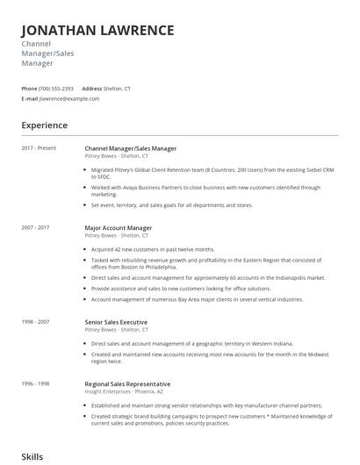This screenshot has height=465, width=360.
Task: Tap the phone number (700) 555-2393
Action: click(56, 89)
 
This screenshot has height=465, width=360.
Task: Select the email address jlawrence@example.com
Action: click(69, 98)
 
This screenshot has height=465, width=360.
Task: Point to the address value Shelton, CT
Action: click(118, 89)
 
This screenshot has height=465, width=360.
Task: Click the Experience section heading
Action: click(44, 125)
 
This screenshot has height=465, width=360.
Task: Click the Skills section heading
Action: click(32, 457)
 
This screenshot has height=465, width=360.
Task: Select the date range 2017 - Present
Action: click(39, 148)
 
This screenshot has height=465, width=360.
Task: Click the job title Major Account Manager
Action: click(125, 227)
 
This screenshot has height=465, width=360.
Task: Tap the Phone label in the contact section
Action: click(29, 89)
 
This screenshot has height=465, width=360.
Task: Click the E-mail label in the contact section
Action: click(30, 98)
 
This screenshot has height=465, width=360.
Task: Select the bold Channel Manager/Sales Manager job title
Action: click(136, 148)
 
